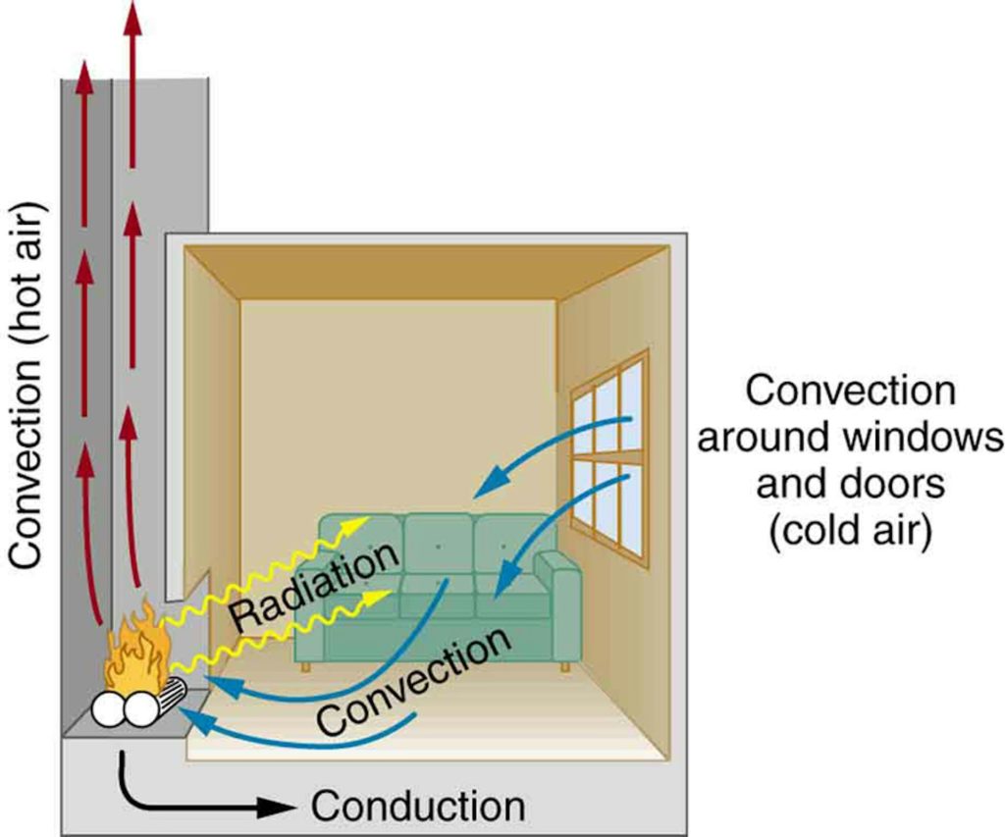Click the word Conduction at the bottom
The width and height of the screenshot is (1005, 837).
point(417,807)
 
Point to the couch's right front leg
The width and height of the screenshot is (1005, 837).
point(564,666)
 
